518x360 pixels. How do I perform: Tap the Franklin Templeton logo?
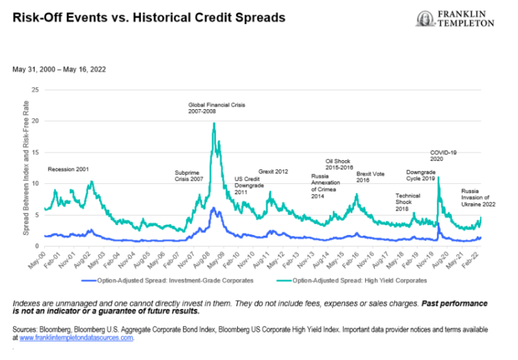455,19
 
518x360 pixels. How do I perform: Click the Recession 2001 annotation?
68,169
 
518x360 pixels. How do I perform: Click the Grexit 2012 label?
273,171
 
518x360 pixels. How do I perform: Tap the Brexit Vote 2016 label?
370,178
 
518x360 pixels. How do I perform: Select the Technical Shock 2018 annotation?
407,200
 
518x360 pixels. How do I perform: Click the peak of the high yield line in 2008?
214,124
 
